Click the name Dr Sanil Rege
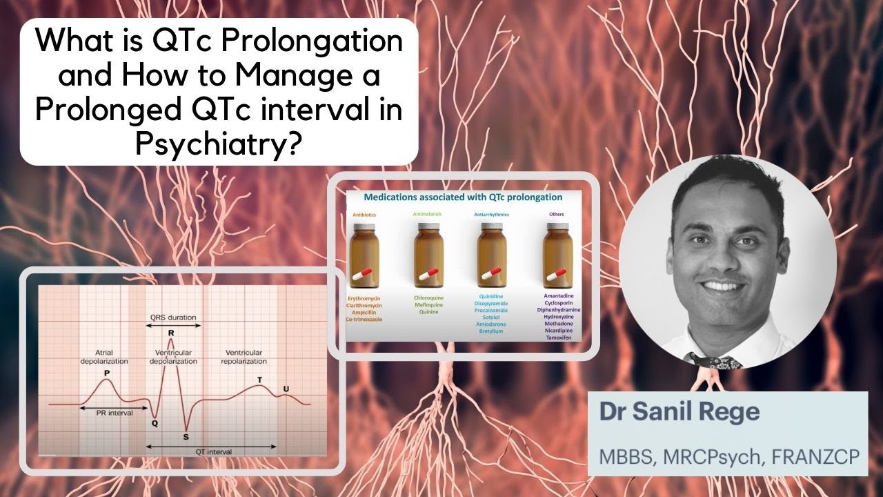(x=679, y=413)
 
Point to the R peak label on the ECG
(x=170, y=333)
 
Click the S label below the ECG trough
(x=186, y=436)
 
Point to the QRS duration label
(x=173, y=318)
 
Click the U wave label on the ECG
(x=286, y=389)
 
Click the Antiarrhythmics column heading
(x=492, y=215)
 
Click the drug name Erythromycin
(x=366, y=298)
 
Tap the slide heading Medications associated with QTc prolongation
(x=463, y=197)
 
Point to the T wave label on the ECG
(x=259, y=380)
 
